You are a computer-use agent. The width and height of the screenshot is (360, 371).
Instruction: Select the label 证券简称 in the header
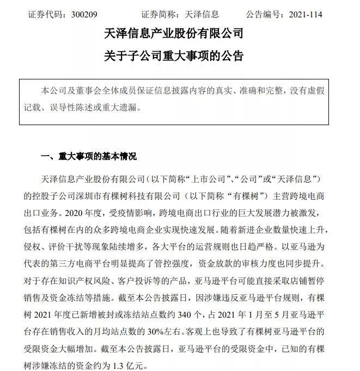coord(160,15)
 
